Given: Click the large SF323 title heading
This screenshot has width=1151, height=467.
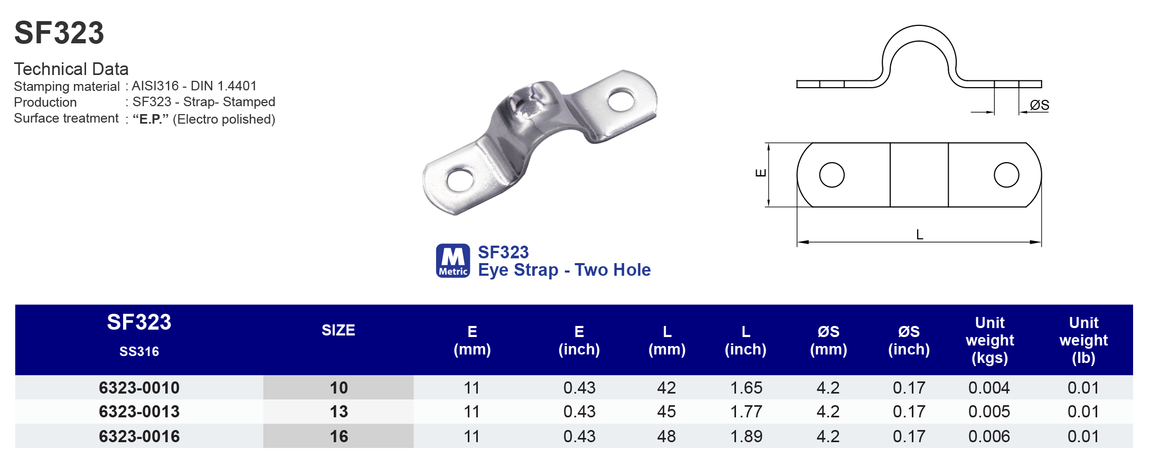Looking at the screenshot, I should pos(59,33).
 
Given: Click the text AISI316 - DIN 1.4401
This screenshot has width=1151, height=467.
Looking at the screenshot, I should pos(194,86).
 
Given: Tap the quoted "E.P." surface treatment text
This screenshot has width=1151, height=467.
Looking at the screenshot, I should pos(150,119).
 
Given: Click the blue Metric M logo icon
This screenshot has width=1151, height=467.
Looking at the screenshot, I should pos(452,260).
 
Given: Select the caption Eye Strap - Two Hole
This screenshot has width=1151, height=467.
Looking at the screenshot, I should pos(564,270).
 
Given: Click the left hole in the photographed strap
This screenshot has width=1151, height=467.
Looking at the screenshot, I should pos(460,180).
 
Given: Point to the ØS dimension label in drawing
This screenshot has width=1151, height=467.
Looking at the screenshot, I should pos(1039,105).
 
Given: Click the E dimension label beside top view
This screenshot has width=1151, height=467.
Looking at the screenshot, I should pos(761,173).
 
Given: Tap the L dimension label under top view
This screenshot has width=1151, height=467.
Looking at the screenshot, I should pos(919,235).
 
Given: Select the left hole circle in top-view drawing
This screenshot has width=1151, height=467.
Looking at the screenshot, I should pos(832,175).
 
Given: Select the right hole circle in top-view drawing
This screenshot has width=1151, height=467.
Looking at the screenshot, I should pos(1006,175).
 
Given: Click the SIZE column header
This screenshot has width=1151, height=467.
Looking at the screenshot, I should pos(338,330).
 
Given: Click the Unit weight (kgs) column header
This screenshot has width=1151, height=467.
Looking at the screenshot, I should pos(989,340).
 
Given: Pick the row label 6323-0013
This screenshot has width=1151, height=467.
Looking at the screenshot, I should pos(139,412).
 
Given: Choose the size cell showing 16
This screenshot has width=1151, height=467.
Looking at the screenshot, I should pos(338,436).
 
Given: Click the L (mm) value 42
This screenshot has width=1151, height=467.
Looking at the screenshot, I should pos(666,388).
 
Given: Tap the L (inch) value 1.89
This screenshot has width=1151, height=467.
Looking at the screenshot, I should pos(746,436).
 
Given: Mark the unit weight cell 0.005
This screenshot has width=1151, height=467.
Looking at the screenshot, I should pos(989,412).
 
